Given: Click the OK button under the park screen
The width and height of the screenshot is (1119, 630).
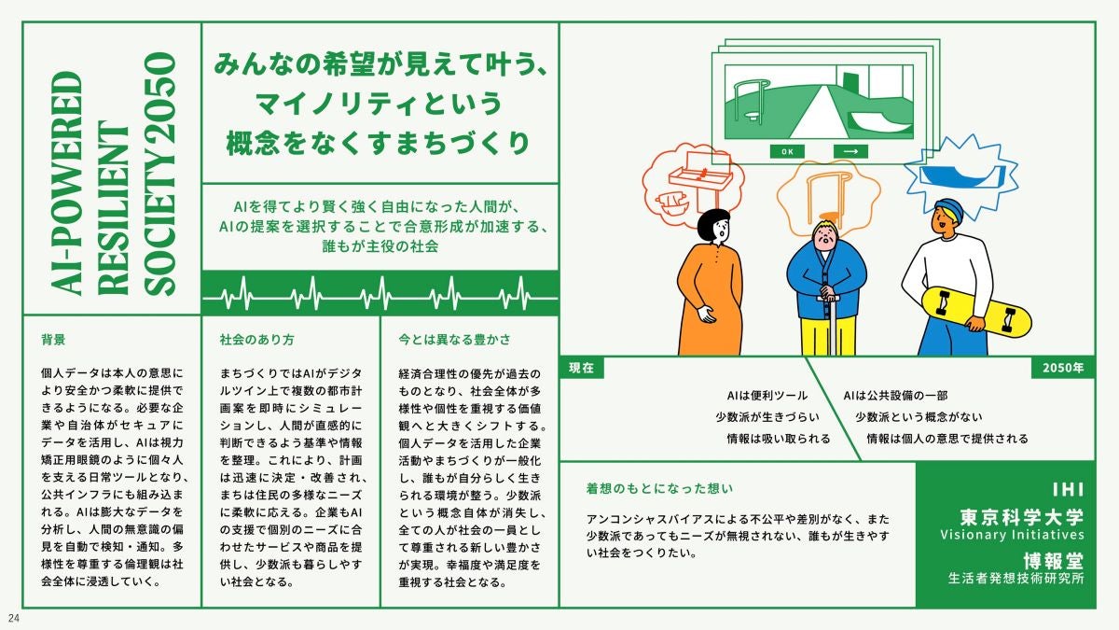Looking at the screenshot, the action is tap(787, 151).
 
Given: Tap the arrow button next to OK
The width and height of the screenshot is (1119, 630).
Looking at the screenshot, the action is tap(850, 151).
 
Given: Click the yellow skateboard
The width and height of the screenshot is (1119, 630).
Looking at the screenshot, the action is tap(976, 312).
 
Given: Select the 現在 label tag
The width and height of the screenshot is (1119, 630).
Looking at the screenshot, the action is tap(582, 368).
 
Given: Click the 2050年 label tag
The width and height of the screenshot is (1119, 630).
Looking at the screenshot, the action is tap(1063, 368).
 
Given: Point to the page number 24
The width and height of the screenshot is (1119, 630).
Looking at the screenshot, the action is tap(13, 618).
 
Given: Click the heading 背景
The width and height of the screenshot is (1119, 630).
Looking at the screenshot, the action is tap(53, 340).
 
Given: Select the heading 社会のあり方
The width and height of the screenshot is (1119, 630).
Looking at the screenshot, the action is tap(257, 340).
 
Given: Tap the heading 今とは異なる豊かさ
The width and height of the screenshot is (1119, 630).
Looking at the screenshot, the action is tap(455, 340).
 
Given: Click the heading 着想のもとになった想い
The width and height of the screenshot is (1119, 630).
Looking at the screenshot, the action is tap(659, 488).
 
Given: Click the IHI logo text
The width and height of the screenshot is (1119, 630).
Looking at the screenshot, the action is tap(1068, 489).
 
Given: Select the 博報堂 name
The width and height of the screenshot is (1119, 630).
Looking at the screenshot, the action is tap(1054, 561).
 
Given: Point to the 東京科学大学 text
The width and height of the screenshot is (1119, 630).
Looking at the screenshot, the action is tap(1022, 517).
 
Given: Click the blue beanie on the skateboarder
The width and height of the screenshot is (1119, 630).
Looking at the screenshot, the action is tap(949, 210).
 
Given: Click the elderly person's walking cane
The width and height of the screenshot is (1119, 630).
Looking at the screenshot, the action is tap(832, 324).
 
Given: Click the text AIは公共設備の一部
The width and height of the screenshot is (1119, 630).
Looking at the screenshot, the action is tap(895, 396).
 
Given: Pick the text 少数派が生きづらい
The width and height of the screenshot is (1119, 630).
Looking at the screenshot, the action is tap(767, 417).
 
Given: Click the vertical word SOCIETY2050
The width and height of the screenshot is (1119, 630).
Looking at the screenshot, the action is tap(159, 174).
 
